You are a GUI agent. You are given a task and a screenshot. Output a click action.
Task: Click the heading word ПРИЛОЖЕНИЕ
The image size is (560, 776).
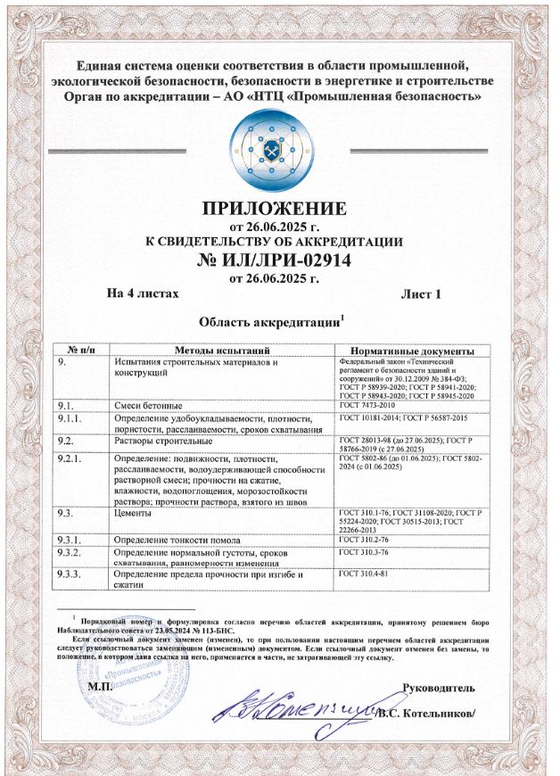click(x=274, y=210)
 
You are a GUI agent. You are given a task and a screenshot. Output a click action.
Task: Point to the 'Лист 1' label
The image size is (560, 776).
click(x=422, y=293)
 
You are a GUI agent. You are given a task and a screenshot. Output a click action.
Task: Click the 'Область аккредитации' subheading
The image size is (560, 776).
click(x=271, y=320)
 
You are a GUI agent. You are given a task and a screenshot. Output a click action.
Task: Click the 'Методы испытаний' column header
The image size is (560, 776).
click(x=221, y=350)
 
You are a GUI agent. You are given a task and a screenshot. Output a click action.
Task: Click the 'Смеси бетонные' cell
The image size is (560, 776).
click(x=147, y=405)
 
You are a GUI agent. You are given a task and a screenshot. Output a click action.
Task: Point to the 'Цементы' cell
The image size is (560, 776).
click(x=136, y=513)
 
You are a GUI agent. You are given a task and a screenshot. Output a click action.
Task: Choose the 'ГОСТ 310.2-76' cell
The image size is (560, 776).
click(x=367, y=540)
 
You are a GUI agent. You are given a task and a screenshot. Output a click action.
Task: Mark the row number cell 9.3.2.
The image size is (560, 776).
click(x=70, y=554)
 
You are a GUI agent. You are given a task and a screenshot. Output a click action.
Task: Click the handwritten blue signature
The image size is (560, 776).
click(x=285, y=709)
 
